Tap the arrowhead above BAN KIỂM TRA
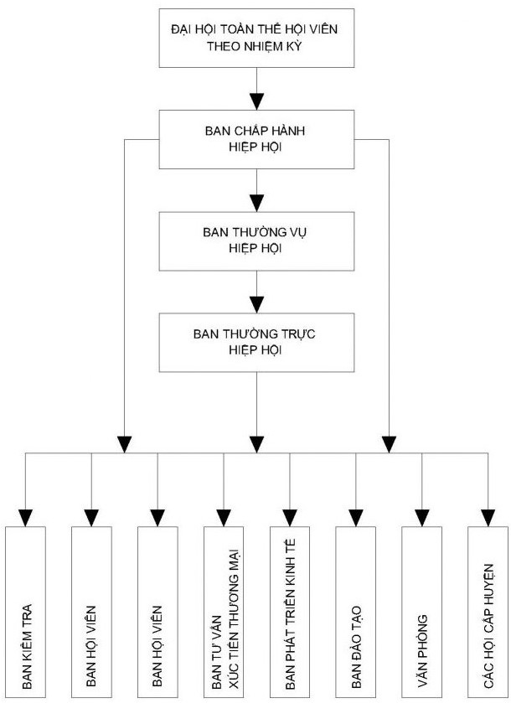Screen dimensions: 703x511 [x=27, y=514]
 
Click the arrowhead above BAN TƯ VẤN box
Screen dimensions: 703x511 [x=223, y=514]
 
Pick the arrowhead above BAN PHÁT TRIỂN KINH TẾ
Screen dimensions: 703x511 [x=290, y=514]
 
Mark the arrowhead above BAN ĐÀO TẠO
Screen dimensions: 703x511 [x=356, y=514]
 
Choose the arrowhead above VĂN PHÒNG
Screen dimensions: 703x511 [x=421, y=514]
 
